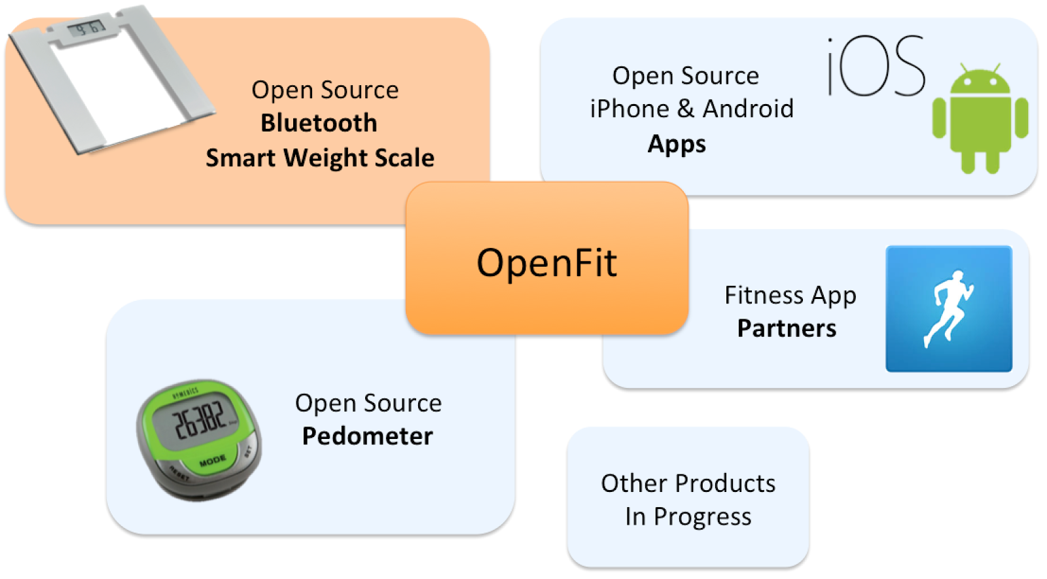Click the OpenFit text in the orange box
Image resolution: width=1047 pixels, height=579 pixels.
[x=546, y=263]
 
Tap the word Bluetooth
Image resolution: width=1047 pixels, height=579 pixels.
[x=319, y=123]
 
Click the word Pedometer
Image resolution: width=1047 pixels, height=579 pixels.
[x=367, y=436]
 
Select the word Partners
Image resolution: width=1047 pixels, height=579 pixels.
[x=787, y=328]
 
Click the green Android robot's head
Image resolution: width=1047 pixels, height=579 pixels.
[x=980, y=81]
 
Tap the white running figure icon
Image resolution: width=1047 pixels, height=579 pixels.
[x=948, y=308]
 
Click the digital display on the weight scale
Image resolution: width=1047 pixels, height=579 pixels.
[x=86, y=28]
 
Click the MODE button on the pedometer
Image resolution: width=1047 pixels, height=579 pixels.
[x=212, y=462]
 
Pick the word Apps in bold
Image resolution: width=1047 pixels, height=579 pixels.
[x=677, y=144]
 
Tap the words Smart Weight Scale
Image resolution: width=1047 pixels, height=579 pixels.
[x=320, y=158]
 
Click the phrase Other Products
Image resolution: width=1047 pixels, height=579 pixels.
[x=688, y=483]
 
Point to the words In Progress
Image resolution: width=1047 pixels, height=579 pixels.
[x=688, y=517]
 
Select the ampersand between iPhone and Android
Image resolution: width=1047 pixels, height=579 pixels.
[x=686, y=109]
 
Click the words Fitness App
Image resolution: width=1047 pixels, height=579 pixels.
[x=790, y=296]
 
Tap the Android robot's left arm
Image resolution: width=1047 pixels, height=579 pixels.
[x=939, y=118]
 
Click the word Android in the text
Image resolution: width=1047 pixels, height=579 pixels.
[x=748, y=109]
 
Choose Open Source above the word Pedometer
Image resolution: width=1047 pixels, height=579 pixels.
[x=368, y=403]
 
